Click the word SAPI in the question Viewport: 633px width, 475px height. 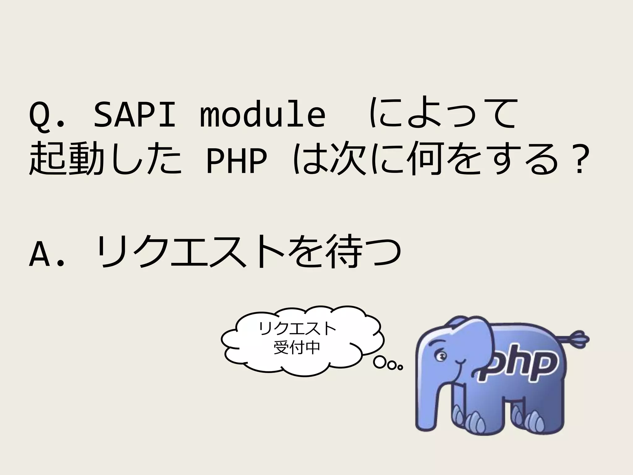[x=134, y=114]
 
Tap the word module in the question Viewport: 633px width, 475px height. [x=263, y=114]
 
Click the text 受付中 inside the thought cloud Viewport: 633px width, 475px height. [x=297, y=348]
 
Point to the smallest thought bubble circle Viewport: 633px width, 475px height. [x=401, y=368]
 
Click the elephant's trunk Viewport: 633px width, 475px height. [x=433, y=399]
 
